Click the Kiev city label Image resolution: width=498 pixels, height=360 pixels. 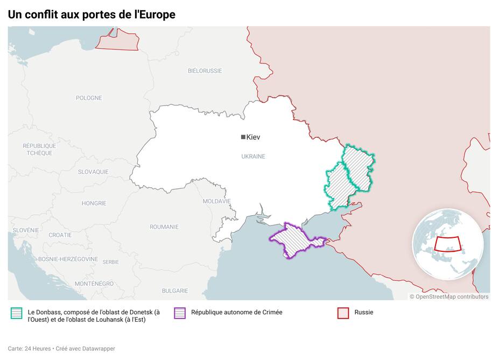(x=253, y=137)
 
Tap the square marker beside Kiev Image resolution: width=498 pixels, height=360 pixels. (x=243, y=137)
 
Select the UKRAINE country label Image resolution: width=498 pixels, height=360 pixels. (x=253, y=157)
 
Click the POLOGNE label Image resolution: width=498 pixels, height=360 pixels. (x=89, y=98)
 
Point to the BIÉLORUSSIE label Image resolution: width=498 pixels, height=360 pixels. (x=205, y=71)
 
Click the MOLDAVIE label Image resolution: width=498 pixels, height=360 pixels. (x=216, y=201)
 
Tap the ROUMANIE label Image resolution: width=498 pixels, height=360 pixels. (x=164, y=227)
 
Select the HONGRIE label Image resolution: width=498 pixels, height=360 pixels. (x=94, y=203)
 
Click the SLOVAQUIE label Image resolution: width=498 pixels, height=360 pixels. (x=93, y=172)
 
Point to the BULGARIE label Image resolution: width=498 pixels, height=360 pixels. (x=175, y=291)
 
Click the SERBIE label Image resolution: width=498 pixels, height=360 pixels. (x=111, y=262)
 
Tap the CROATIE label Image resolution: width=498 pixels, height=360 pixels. (x=60, y=235)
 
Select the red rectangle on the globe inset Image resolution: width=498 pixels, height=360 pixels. (x=447, y=244)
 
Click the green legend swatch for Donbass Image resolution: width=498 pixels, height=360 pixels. (x=17, y=313)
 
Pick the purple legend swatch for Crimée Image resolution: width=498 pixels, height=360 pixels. (x=180, y=313)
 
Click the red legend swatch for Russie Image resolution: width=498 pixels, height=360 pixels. (x=343, y=313)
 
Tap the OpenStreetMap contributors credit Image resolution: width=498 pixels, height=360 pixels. (x=449, y=297)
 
